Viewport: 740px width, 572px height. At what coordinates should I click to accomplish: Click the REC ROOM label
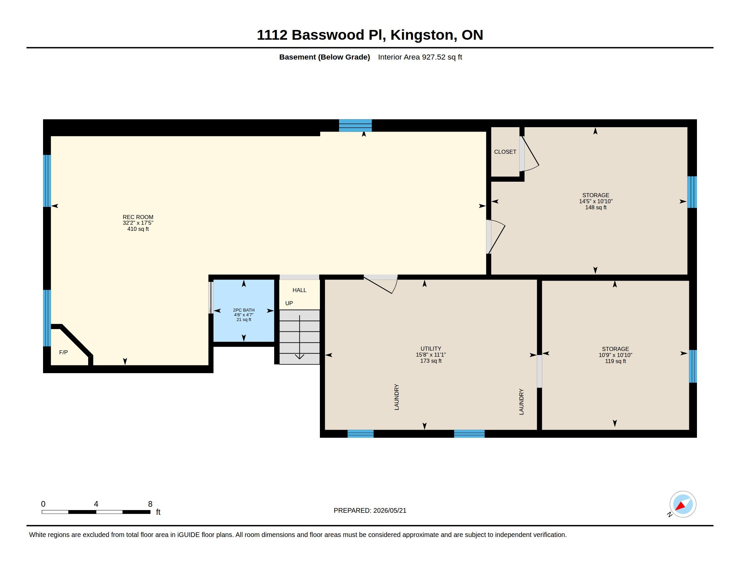pyautogui.click(x=138, y=217)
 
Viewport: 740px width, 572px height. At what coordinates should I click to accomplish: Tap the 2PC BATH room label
pyautogui.click(x=244, y=310)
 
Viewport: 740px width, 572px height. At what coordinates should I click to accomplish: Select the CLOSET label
pyautogui.click(x=505, y=152)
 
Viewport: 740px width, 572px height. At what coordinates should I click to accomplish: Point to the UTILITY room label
pyautogui.click(x=431, y=349)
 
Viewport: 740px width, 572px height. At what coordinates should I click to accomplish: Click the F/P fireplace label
pyautogui.click(x=63, y=352)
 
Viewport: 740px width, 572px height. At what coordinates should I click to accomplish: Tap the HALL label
pyautogui.click(x=299, y=290)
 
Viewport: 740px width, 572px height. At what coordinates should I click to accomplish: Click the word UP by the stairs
pyautogui.click(x=289, y=303)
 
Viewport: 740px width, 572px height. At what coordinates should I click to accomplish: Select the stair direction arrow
pyautogui.click(x=299, y=337)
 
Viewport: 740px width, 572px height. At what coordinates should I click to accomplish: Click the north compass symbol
pyautogui.click(x=682, y=504)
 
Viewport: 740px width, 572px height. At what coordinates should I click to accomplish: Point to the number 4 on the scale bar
pyautogui.click(x=96, y=504)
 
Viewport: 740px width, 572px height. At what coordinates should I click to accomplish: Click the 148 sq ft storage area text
pyautogui.click(x=596, y=207)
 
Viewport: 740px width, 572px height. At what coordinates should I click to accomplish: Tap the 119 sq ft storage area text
pyautogui.click(x=615, y=361)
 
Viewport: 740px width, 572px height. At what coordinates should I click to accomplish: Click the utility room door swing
pyautogui.click(x=380, y=284)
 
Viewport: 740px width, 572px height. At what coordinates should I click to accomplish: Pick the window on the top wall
pyautogui.click(x=355, y=126)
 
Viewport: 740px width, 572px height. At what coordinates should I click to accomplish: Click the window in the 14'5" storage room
pyautogui.click(x=692, y=192)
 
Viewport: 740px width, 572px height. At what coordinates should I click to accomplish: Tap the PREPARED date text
pyautogui.click(x=370, y=510)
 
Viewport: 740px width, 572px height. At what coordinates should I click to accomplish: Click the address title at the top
pyautogui.click(x=370, y=35)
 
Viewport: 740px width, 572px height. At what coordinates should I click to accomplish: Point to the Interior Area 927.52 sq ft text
pyautogui.click(x=420, y=57)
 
